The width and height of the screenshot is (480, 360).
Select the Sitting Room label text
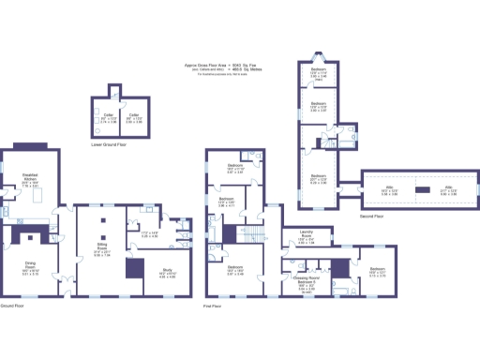[103, 248]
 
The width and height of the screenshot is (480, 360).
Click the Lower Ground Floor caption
[116, 145]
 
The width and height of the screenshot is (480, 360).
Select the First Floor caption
[212, 306]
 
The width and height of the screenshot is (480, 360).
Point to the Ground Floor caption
[11, 306]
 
